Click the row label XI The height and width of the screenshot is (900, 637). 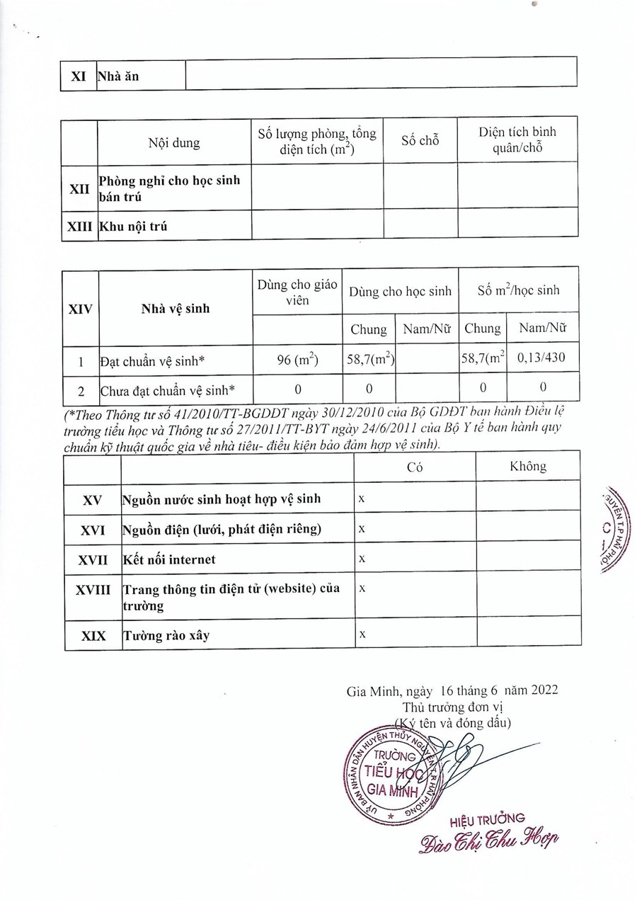pyautogui.click(x=78, y=76)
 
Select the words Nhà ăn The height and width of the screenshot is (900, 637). pyautogui.click(x=119, y=76)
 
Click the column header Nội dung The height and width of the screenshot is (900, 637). pyautogui.click(x=174, y=143)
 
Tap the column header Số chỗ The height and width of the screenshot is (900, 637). pyautogui.click(x=420, y=140)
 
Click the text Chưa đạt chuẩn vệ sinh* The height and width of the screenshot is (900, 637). pyautogui.click(x=167, y=389)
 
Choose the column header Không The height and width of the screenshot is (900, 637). pyautogui.click(x=528, y=466)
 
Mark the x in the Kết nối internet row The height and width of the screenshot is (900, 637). pyautogui.click(x=362, y=559)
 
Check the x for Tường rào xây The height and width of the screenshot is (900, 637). pyautogui.click(x=362, y=634)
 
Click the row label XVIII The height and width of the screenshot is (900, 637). pyautogui.click(x=92, y=590)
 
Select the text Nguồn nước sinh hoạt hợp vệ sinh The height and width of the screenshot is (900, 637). pyautogui.click(x=222, y=499)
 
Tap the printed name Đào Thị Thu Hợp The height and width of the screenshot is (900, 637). pyautogui.click(x=488, y=842)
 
